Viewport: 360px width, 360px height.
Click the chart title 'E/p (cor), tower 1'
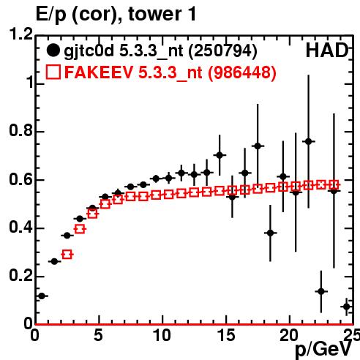pyautogui.click(x=116, y=14)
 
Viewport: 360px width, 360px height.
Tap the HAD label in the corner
pyautogui.click(x=327, y=50)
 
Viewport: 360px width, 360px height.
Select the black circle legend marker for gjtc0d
pyautogui.click(x=53, y=50)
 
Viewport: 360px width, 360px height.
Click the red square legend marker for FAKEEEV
pyautogui.click(x=53, y=72)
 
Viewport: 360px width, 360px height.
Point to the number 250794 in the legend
pyautogui.click(x=223, y=50)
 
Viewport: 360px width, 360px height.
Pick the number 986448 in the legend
pyautogui.click(x=242, y=72)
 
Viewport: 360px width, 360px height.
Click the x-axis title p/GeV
pyautogui.click(x=323, y=349)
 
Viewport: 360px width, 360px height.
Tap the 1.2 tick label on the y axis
pyautogui.click(x=21, y=34)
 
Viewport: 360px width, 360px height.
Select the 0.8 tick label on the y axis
pyautogui.click(x=21, y=131)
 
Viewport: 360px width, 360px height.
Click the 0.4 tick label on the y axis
pyautogui.click(x=21, y=228)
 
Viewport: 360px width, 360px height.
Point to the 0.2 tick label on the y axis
pyautogui.click(x=21, y=275)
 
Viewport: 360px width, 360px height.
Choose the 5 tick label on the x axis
pyautogui.click(x=98, y=335)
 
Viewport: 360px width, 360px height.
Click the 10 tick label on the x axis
pyautogui.click(x=162, y=335)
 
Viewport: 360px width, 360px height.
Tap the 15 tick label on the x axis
pyautogui.click(x=226, y=335)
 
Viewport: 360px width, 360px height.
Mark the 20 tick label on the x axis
pyautogui.click(x=289, y=335)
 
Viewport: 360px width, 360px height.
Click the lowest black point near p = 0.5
pyautogui.click(x=42, y=296)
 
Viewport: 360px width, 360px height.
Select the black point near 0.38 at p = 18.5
pyautogui.click(x=270, y=233)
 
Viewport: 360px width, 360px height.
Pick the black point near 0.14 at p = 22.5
pyautogui.click(x=321, y=291)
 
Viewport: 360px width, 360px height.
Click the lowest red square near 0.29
pyautogui.click(x=67, y=255)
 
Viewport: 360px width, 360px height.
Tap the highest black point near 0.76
pyautogui.click(x=309, y=141)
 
